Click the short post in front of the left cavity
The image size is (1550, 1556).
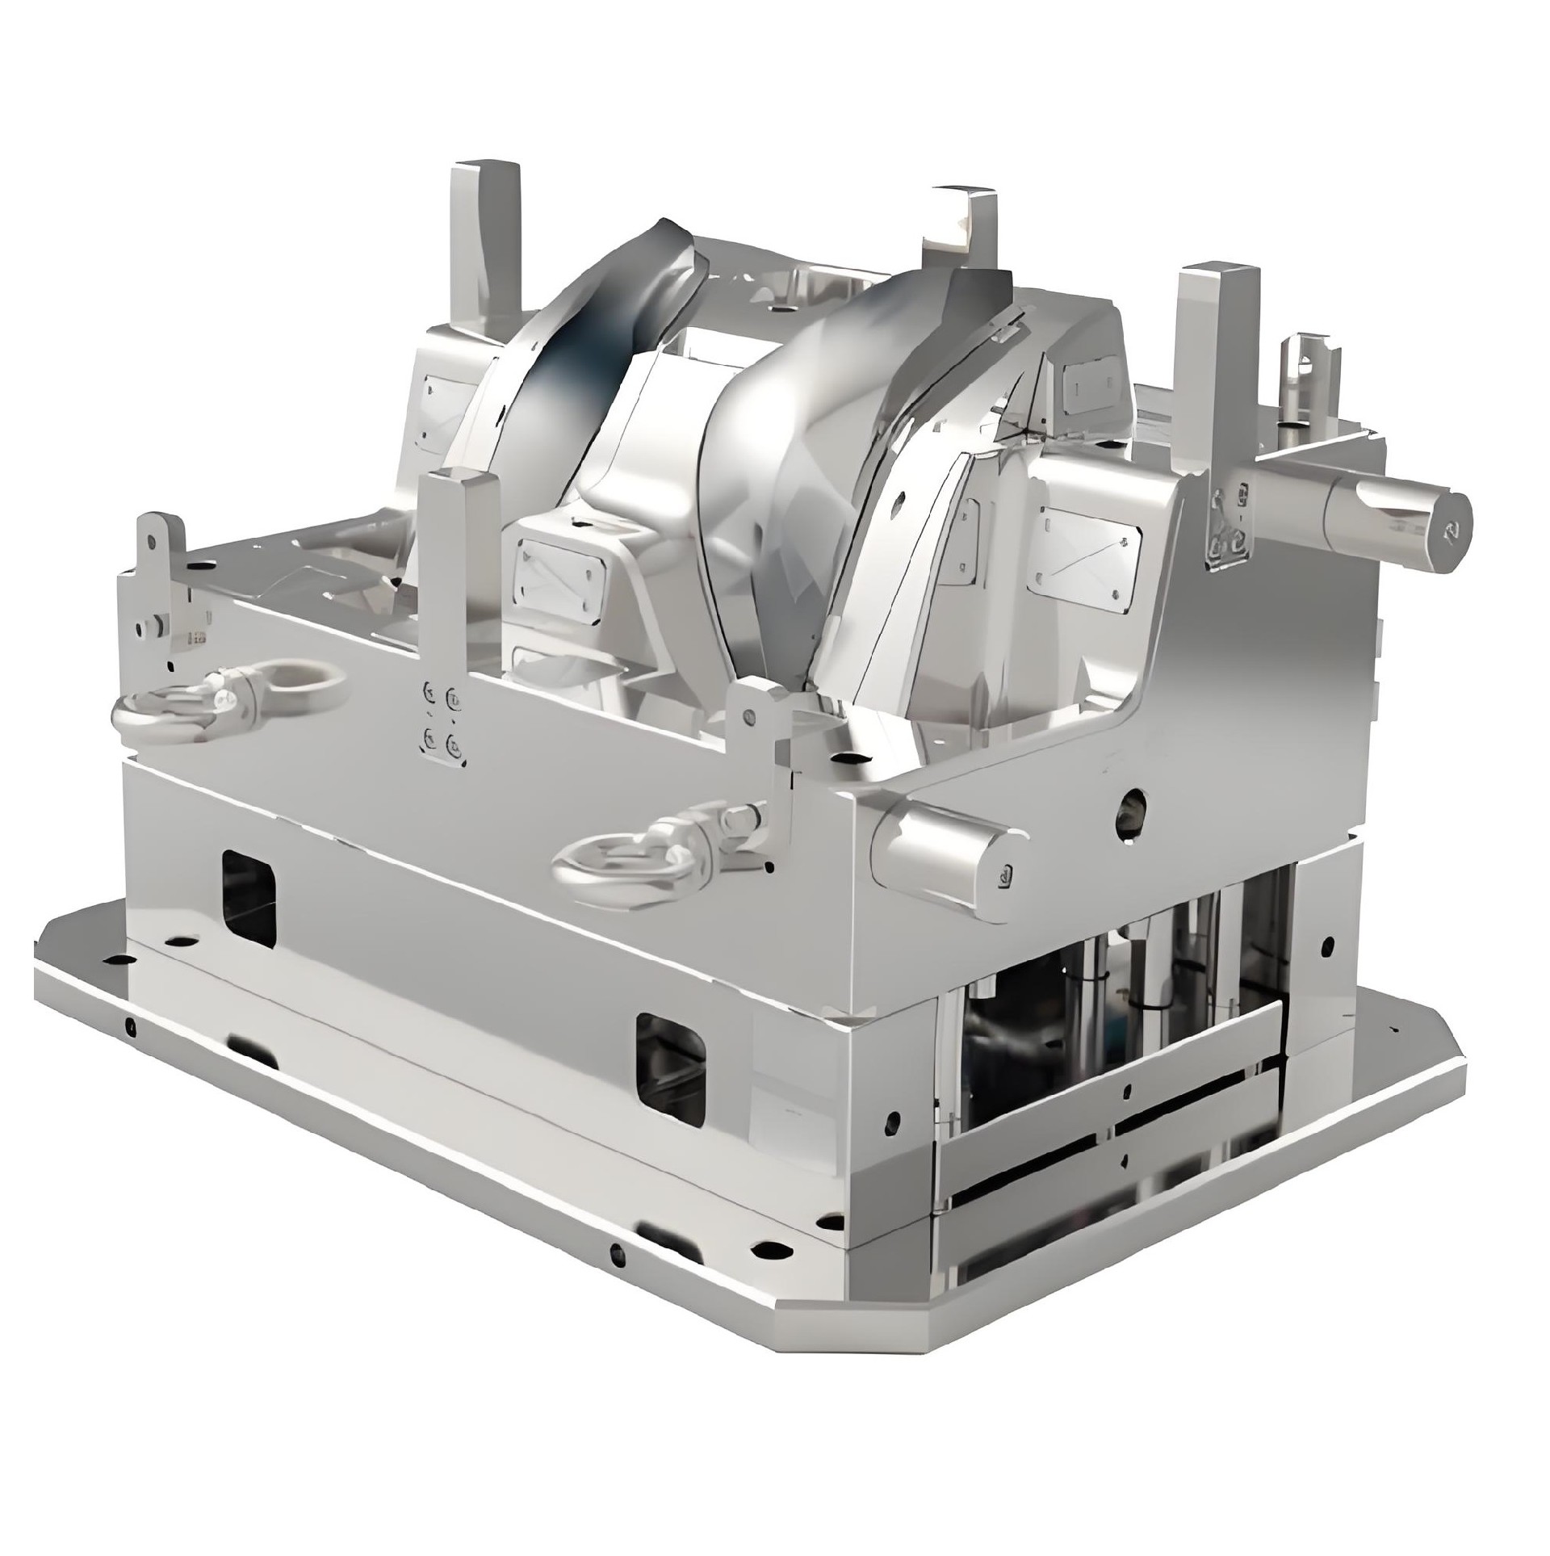pyautogui.click(x=460, y=565)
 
